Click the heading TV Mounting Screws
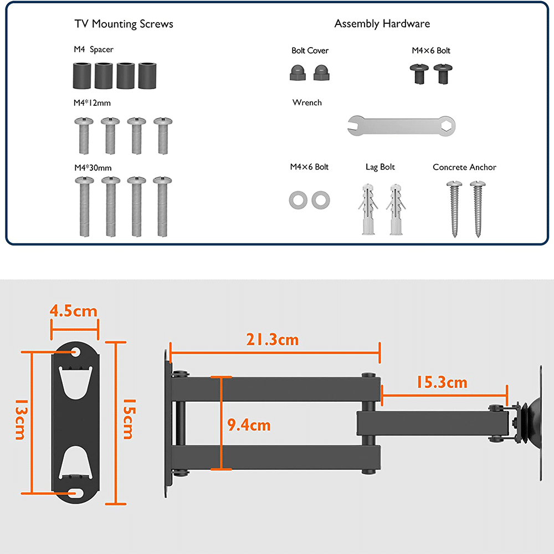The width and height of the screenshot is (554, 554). click(124, 24)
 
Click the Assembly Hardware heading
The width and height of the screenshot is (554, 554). click(382, 24)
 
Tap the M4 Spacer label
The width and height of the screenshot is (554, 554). click(94, 50)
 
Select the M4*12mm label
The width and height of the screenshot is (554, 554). click(93, 102)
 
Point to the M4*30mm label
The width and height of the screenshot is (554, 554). click(93, 167)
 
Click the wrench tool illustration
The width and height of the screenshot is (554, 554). click(404, 127)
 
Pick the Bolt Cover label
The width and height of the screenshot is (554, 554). click(310, 50)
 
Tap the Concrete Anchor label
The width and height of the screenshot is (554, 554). click(464, 167)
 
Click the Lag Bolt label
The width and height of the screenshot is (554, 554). click(380, 167)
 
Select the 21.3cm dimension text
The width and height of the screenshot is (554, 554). click(272, 340)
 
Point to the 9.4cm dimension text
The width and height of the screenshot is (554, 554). click(249, 425)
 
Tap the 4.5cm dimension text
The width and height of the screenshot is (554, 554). click(74, 311)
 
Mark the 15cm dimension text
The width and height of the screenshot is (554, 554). click(127, 419)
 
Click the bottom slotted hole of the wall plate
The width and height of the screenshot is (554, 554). click(75, 491)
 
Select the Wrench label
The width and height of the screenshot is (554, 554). click(307, 102)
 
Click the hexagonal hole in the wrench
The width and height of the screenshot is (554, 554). click(447, 127)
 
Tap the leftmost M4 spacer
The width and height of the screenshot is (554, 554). click(83, 75)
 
